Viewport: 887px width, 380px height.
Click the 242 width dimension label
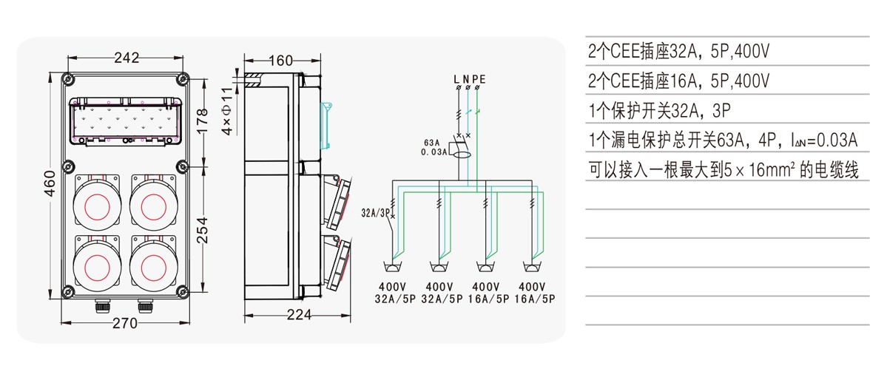(x=127, y=58)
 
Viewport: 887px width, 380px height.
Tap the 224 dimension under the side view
(x=298, y=315)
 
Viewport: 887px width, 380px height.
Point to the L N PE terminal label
(x=469, y=78)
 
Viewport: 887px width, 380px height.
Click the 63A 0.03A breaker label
(x=434, y=147)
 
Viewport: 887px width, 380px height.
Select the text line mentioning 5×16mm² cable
(x=723, y=170)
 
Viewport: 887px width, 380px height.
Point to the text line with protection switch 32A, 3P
(x=659, y=110)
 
